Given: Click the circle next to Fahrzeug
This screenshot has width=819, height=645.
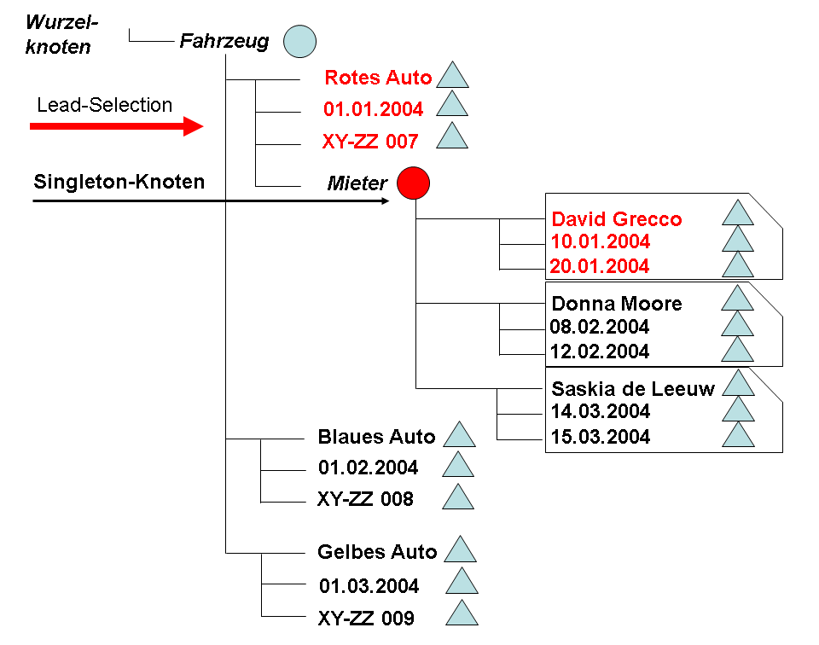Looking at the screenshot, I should click(299, 41).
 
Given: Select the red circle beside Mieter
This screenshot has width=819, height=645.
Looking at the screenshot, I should click(413, 182).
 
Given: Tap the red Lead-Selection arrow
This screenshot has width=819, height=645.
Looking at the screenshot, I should click(116, 126).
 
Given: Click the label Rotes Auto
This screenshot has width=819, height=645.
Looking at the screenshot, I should click(378, 78).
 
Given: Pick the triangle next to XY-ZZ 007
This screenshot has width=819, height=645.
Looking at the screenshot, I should click(452, 137).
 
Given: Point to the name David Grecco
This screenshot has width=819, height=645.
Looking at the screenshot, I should click(617, 219).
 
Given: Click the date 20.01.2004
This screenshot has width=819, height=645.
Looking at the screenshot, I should click(601, 266).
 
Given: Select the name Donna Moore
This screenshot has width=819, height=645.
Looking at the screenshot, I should click(617, 304).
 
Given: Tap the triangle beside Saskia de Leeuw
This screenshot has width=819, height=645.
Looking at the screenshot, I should click(738, 385).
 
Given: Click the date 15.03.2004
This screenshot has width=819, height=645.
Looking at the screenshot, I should click(601, 437).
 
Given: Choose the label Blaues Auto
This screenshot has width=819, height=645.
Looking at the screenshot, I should click(376, 437).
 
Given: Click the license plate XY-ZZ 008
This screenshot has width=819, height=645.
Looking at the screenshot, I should click(365, 499).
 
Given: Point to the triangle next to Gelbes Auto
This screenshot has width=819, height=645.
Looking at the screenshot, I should click(460, 550).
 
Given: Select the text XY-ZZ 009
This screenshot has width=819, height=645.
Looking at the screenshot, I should click(366, 618).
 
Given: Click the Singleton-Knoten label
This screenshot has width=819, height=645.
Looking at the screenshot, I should click(119, 182).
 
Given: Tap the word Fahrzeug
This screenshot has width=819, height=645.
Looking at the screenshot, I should click(224, 41).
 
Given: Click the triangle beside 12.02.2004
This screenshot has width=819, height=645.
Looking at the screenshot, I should click(738, 350).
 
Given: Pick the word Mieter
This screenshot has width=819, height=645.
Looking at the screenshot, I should click(357, 183).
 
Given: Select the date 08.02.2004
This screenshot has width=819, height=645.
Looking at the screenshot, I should click(601, 327).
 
